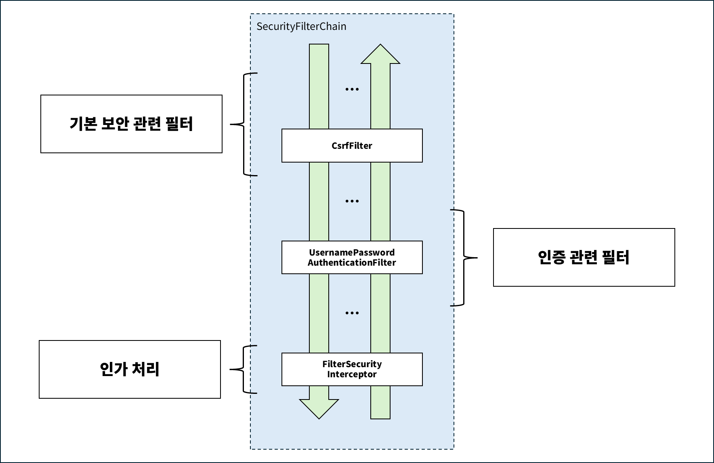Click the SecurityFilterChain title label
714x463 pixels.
click(x=301, y=27)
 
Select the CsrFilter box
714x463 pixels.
click(x=352, y=146)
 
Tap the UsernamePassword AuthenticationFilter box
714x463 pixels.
click(x=352, y=257)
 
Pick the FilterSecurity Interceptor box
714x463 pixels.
click(x=352, y=369)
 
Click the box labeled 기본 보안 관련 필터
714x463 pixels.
click(x=131, y=124)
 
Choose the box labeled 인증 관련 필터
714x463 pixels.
click(x=584, y=257)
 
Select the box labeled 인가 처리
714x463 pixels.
click(x=130, y=369)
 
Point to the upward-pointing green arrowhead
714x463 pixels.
click(x=380, y=55)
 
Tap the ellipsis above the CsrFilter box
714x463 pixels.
click(x=352, y=89)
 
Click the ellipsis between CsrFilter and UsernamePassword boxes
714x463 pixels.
click(x=352, y=201)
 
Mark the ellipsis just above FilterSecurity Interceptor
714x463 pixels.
click(x=352, y=313)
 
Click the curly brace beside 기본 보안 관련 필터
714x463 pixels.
click(x=244, y=125)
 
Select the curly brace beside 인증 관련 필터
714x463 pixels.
click(x=463, y=258)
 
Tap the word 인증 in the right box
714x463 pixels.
click(x=551, y=257)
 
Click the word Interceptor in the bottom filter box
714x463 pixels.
click(x=352, y=374)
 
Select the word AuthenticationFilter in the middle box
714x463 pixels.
click(x=352, y=262)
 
